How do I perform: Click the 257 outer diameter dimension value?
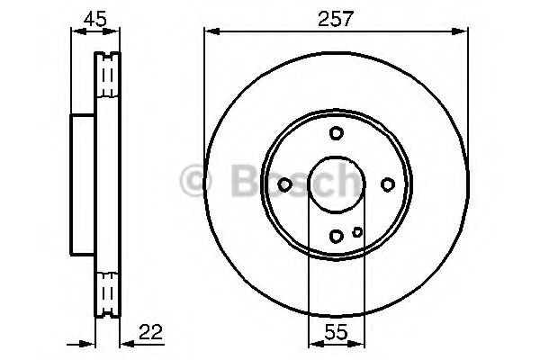(x=336, y=17)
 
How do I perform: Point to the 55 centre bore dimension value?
(x=336, y=330)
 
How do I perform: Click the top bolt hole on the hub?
(x=336, y=133)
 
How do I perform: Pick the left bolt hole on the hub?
(x=284, y=184)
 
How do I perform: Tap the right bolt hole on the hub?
(x=387, y=184)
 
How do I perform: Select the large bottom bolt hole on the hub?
(x=336, y=236)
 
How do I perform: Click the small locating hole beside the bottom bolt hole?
(x=357, y=232)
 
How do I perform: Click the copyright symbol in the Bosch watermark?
(x=193, y=182)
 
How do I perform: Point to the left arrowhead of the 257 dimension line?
(x=210, y=32)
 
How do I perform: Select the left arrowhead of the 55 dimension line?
(x=312, y=345)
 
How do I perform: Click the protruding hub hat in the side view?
(x=83, y=184)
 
